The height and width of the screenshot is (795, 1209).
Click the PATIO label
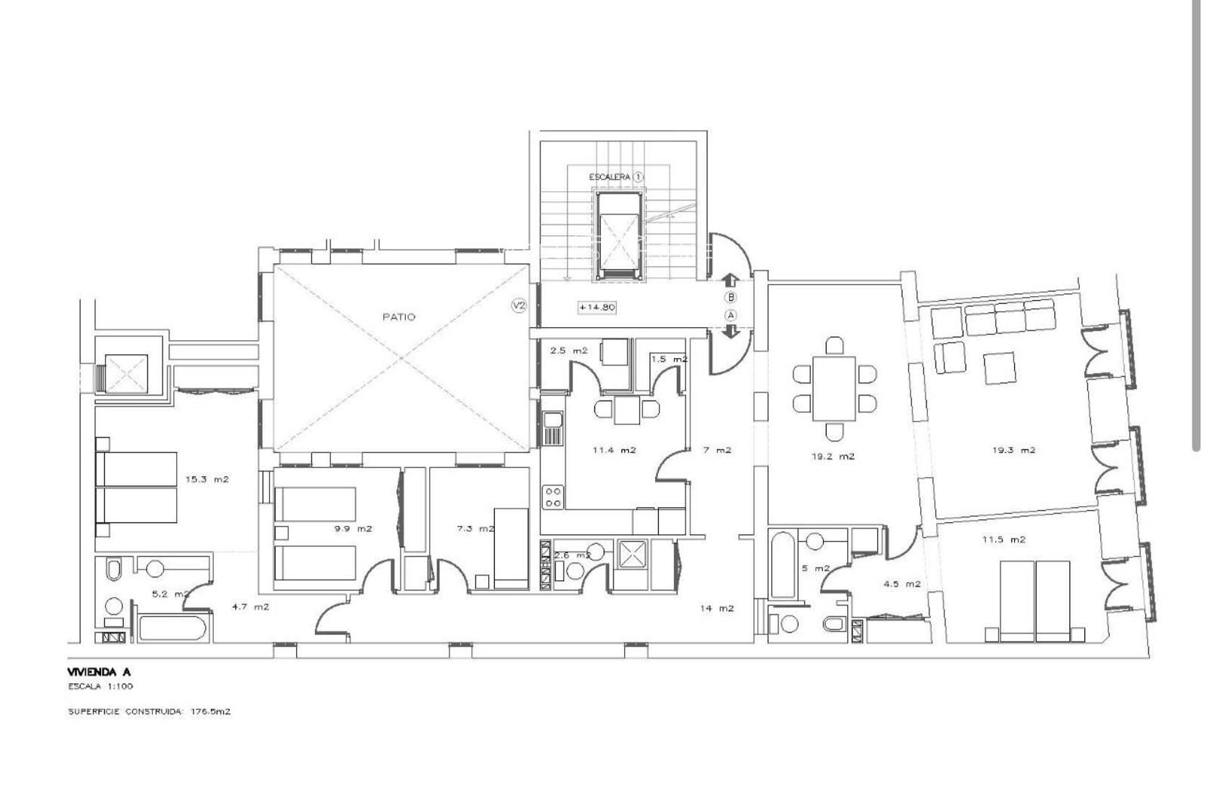point(399,317)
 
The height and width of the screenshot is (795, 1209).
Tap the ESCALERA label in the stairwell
point(609,177)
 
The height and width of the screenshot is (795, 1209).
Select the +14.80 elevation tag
point(597,307)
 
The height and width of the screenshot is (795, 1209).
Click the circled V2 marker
point(518,306)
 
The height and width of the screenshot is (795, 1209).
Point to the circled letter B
point(731,298)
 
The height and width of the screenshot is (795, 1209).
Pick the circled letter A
point(731,315)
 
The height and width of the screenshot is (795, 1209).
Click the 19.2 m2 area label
point(833,456)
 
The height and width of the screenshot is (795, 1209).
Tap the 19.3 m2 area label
point(1013,450)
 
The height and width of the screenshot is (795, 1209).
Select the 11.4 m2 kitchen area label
point(614,450)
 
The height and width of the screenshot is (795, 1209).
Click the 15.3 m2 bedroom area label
point(207,478)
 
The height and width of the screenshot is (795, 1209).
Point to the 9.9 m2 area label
point(354,528)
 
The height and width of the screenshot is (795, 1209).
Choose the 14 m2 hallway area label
point(717,608)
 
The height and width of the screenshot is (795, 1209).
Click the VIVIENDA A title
point(99,672)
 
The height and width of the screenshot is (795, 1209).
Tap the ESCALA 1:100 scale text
point(100,686)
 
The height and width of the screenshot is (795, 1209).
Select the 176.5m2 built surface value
point(211,711)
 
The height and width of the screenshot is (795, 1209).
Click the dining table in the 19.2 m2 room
point(834,388)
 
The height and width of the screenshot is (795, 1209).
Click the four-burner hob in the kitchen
point(552,497)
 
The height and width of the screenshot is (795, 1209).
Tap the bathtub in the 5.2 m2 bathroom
point(172,626)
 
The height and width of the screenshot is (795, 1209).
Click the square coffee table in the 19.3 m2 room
point(1000,367)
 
